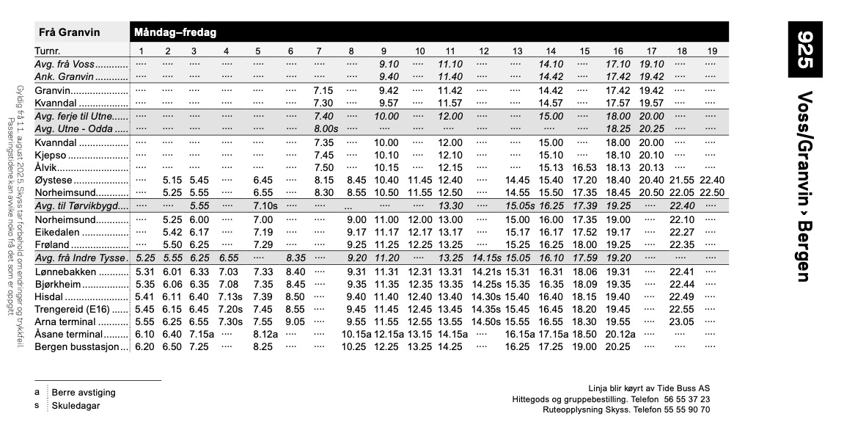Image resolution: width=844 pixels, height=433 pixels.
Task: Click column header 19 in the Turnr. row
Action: coord(712,51)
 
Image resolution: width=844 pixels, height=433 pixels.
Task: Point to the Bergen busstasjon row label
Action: coord(77,347)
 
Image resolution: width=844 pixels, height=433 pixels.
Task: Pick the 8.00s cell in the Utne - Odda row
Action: coord(325,128)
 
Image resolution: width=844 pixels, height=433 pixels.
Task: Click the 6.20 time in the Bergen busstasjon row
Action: coord(144,347)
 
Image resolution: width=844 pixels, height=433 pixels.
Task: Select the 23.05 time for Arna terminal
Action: coord(682,322)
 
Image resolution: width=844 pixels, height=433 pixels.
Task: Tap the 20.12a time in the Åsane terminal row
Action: coord(620,335)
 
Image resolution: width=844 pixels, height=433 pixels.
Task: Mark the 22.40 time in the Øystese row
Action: coord(712,180)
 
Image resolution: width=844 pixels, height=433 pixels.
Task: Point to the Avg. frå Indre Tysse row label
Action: coord(81,258)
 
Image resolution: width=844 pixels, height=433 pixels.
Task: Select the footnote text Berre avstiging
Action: coord(84,393)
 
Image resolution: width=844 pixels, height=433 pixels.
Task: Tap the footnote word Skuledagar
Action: coord(76,406)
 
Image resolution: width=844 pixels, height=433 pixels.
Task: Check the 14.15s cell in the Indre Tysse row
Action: coord(485,258)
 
